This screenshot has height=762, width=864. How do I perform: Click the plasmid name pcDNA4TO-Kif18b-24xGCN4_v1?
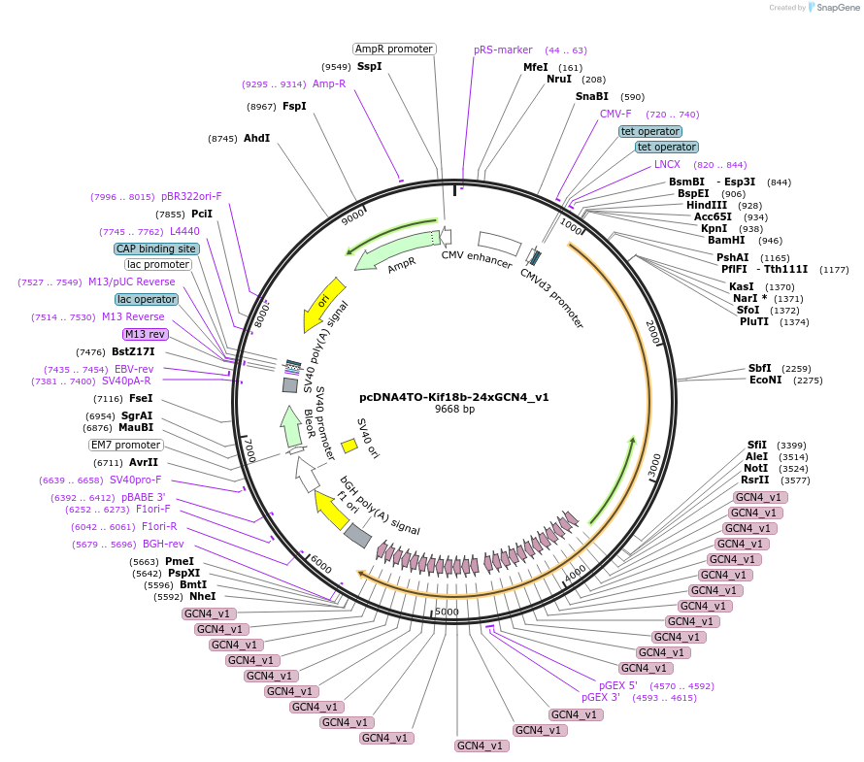point(454,396)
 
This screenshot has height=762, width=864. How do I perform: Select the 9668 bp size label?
point(454,409)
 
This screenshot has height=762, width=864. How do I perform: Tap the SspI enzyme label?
point(370,66)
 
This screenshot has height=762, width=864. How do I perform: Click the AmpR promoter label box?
point(394,49)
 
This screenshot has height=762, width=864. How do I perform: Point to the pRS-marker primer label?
point(503,50)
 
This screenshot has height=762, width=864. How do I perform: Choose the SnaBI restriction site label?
point(592,96)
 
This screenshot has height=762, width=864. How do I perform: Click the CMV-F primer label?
point(615,114)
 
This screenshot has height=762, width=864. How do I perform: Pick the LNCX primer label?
point(667,164)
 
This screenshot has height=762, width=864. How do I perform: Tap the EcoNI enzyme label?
point(765,380)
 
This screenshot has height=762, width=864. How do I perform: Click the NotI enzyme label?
point(755,468)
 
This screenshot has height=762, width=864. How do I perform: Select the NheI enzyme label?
point(203,596)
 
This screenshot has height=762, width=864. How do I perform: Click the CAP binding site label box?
point(156,248)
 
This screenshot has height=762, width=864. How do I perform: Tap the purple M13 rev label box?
point(146,334)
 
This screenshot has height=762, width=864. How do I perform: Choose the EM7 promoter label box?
point(126,445)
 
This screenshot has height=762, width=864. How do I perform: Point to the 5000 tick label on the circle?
point(447,612)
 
